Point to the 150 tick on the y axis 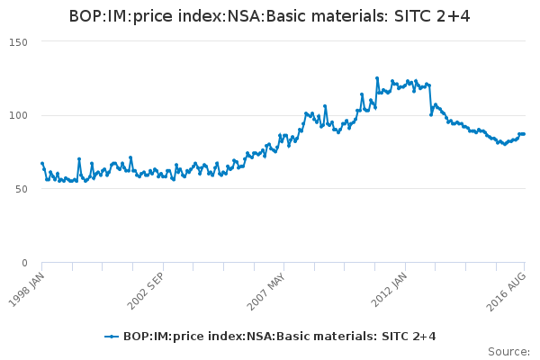[18, 42]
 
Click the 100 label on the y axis [18, 116]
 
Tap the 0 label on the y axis [25, 263]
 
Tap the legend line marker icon [112, 337]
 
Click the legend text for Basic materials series [279, 337]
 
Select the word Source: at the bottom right [508, 351]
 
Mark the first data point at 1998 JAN [42, 164]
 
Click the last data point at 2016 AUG [525, 134]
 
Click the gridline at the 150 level [270, 42]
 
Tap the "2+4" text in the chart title [456, 16]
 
